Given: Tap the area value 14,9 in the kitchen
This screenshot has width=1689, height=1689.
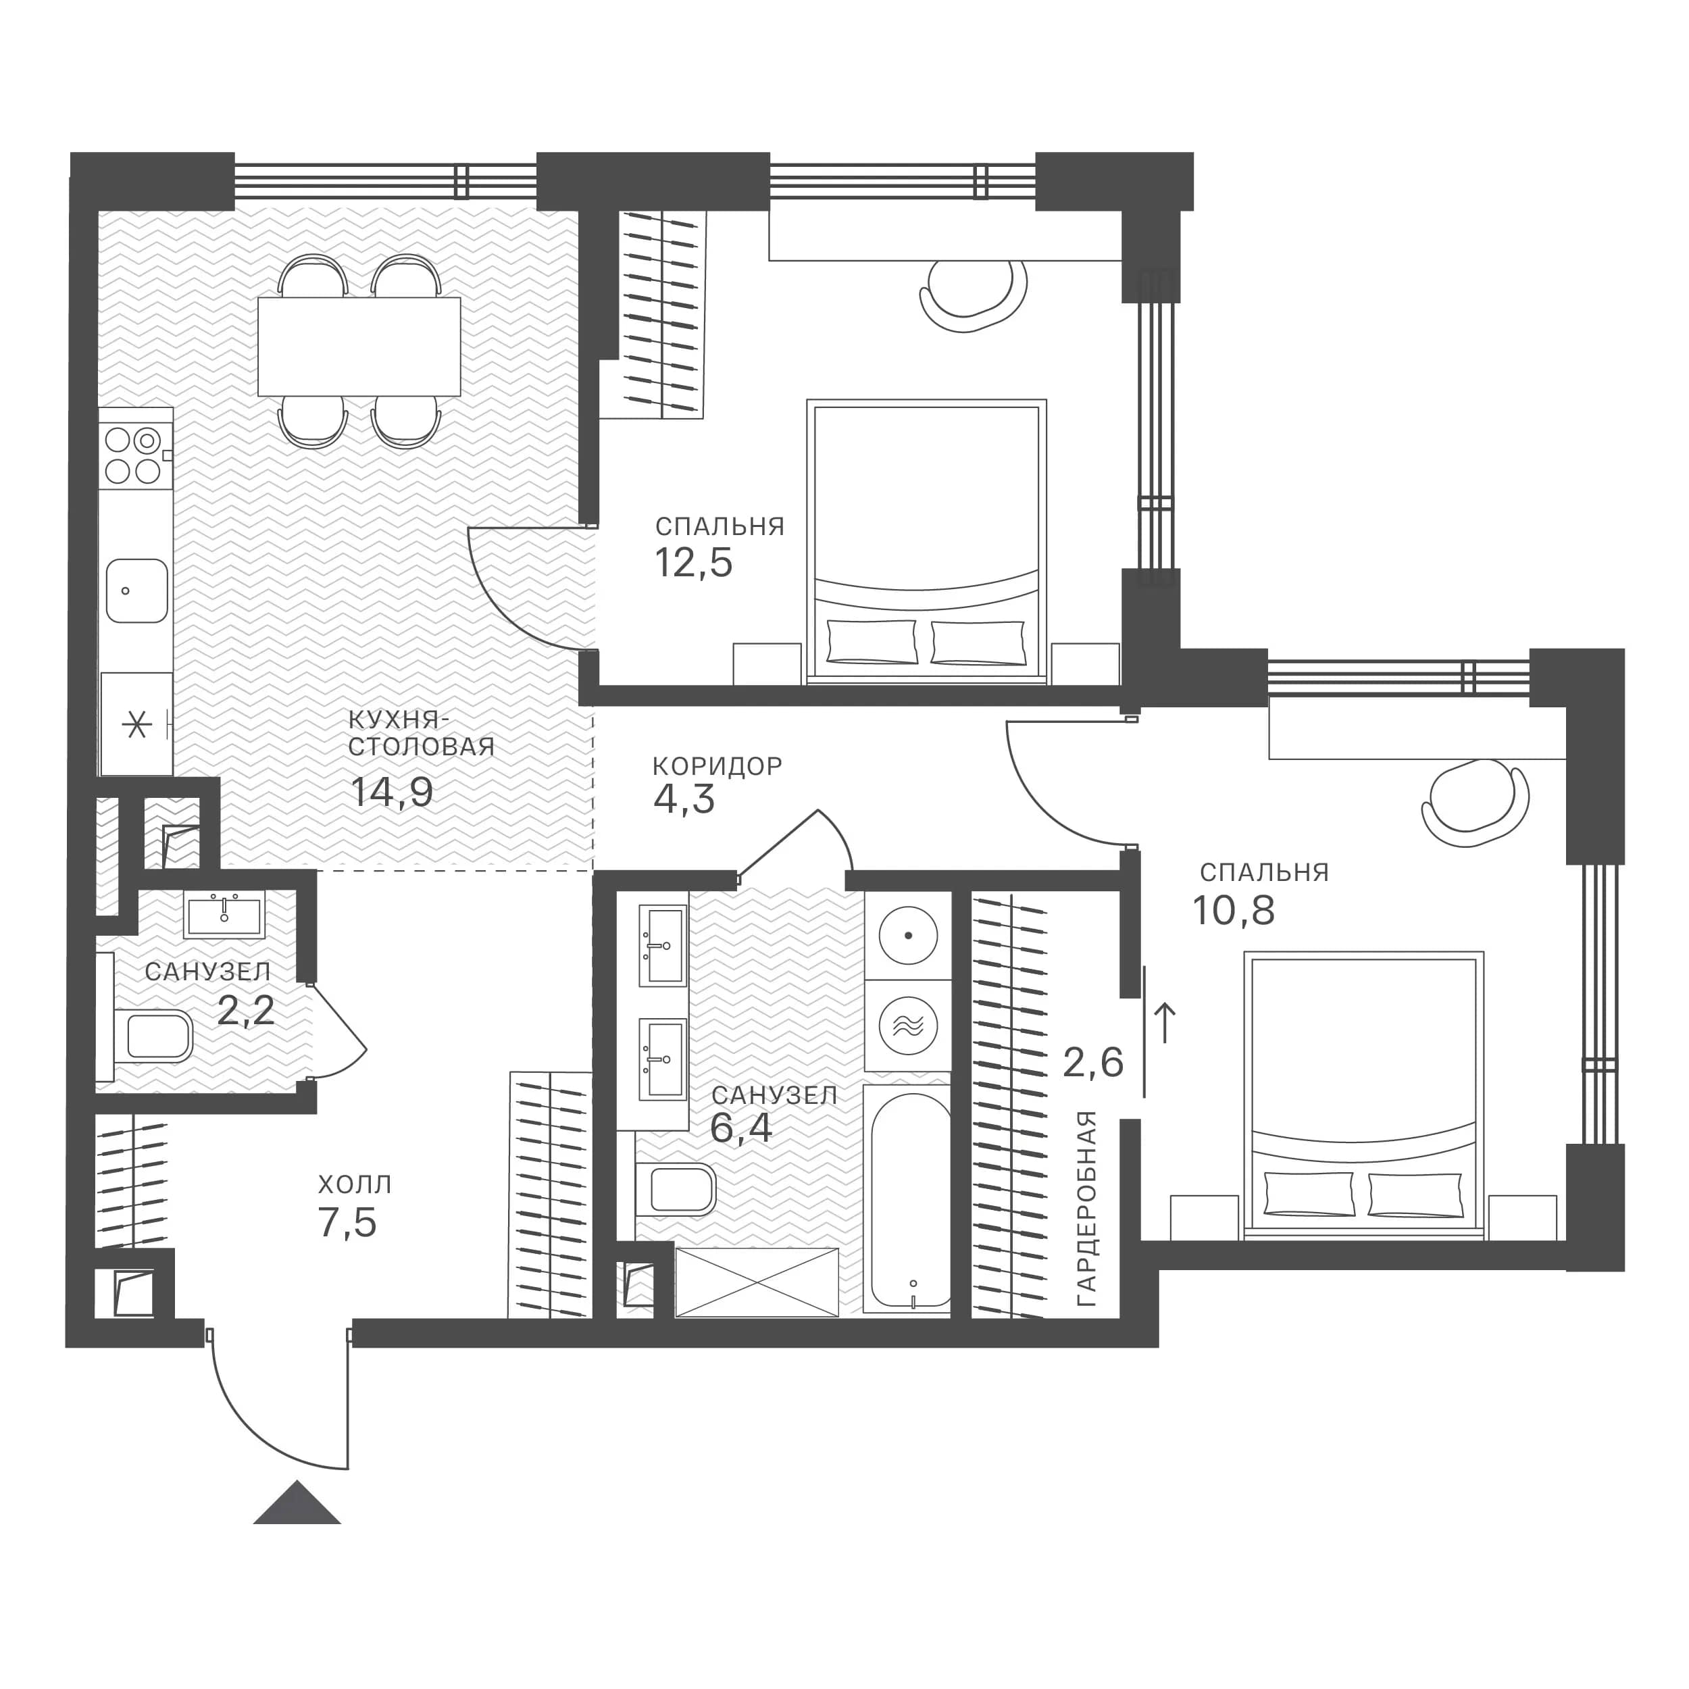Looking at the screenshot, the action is pyautogui.click(x=392, y=793).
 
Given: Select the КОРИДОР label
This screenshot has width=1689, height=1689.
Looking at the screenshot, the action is pyautogui.click(x=717, y=767).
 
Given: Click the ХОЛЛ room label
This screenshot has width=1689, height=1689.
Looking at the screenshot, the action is pyautogui.click(x=355, y=1184).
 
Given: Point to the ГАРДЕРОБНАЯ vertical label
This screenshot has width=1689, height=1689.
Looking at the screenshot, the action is pyautogui.click(x=1086, y=1209).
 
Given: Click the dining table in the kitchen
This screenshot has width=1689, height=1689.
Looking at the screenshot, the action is pyautogui.click(x=359, y=346).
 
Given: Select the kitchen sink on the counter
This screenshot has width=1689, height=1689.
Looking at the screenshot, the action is pyautogui.click(x=137, y=591).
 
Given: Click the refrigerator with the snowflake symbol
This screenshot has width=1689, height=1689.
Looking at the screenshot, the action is pyautogui.click(x=136, y=724).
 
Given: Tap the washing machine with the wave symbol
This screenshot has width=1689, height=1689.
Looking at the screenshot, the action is pyautogui.click(x=908, y=1026).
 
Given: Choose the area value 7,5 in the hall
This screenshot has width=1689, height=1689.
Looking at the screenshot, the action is pyautogui.click(x=348, y=1223).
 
